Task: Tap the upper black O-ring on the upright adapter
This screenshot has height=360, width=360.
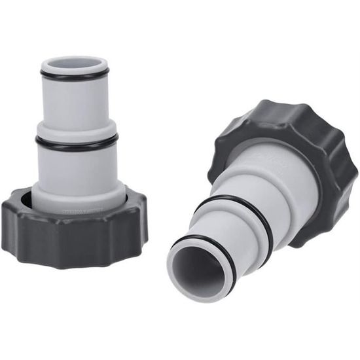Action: click(74, 77)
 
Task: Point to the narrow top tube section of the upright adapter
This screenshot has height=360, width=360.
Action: click(75, 101)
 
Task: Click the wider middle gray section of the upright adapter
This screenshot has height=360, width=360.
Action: click(77, 167)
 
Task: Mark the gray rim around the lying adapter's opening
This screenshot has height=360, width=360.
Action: click(180, 281)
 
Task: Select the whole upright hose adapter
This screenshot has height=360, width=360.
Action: click(75, 164)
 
